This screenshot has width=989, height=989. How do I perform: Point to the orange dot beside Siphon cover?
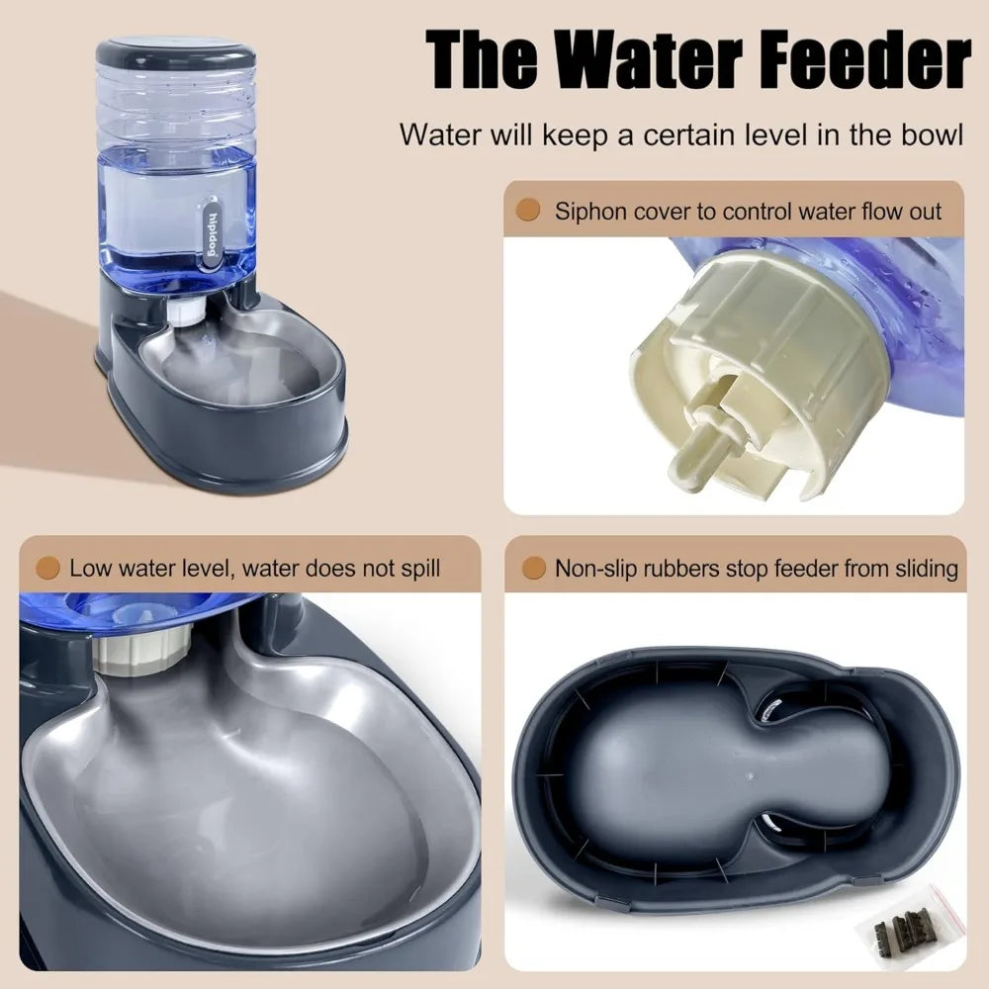529,210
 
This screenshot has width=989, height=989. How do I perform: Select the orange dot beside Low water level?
45,568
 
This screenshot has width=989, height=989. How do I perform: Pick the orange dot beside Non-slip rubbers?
534,568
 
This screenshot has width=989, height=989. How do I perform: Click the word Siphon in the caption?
585,211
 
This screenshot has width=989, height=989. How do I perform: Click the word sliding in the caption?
925,568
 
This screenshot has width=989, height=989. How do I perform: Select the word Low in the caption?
87,568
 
